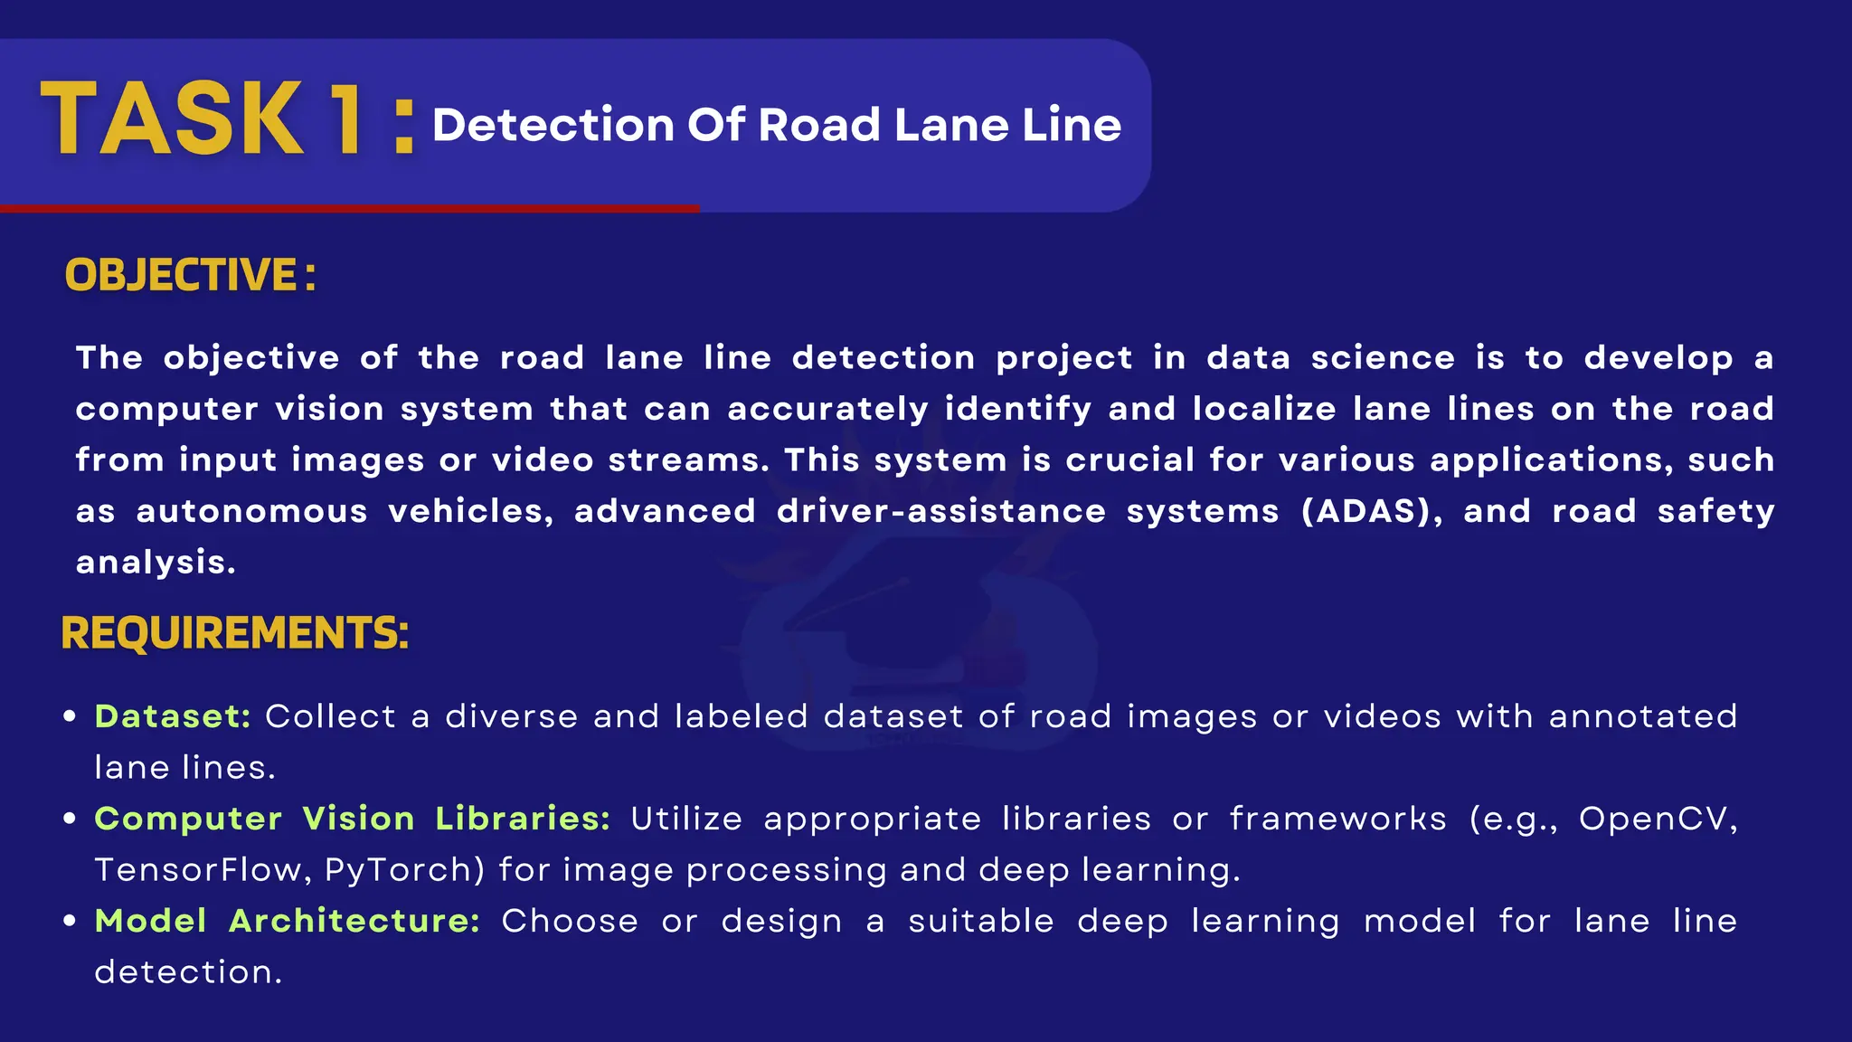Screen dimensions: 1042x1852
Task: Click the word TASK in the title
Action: point(172,119)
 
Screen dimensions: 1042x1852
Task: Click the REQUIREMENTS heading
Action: point(234,632)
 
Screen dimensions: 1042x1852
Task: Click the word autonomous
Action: point(251,511)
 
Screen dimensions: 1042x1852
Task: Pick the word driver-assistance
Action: point(940,511)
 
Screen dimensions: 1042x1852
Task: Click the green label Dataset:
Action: point(172,716)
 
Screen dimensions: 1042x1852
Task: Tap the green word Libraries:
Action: point(523,819)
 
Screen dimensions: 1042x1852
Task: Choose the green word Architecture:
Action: point(354,921)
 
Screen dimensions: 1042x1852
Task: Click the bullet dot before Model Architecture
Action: point(70,921)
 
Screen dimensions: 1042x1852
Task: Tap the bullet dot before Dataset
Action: point(70,716)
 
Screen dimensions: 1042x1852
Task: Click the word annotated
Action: point(1642,716)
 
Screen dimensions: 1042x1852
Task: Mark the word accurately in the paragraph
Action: point(827,409)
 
